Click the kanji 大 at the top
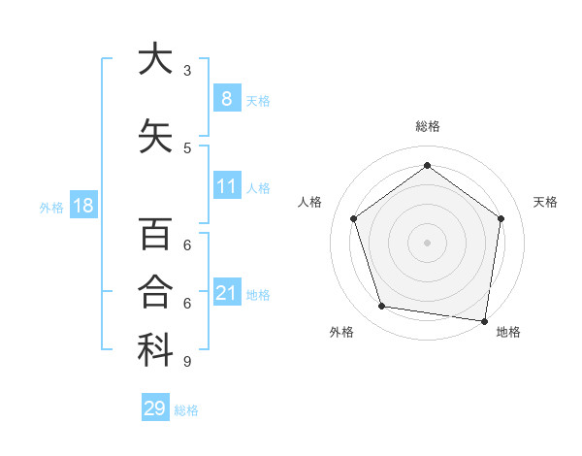[155, 60]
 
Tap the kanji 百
[155, 236]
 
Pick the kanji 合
[155, 292]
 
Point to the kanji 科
[155, 350]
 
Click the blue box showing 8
[226, 99]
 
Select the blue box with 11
[226, 186]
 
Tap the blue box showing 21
[226, 293]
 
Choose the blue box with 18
[82, 206]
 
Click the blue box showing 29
[155, 408]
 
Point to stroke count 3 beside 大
[187, 71]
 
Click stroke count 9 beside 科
[187, 362]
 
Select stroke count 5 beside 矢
[187, 147]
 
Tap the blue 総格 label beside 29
[186, 410]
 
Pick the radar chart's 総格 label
[427, 126]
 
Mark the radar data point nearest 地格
[484, 320]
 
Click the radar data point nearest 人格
[354, 219]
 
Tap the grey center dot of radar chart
[427, 242]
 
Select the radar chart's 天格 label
[546, 202]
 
